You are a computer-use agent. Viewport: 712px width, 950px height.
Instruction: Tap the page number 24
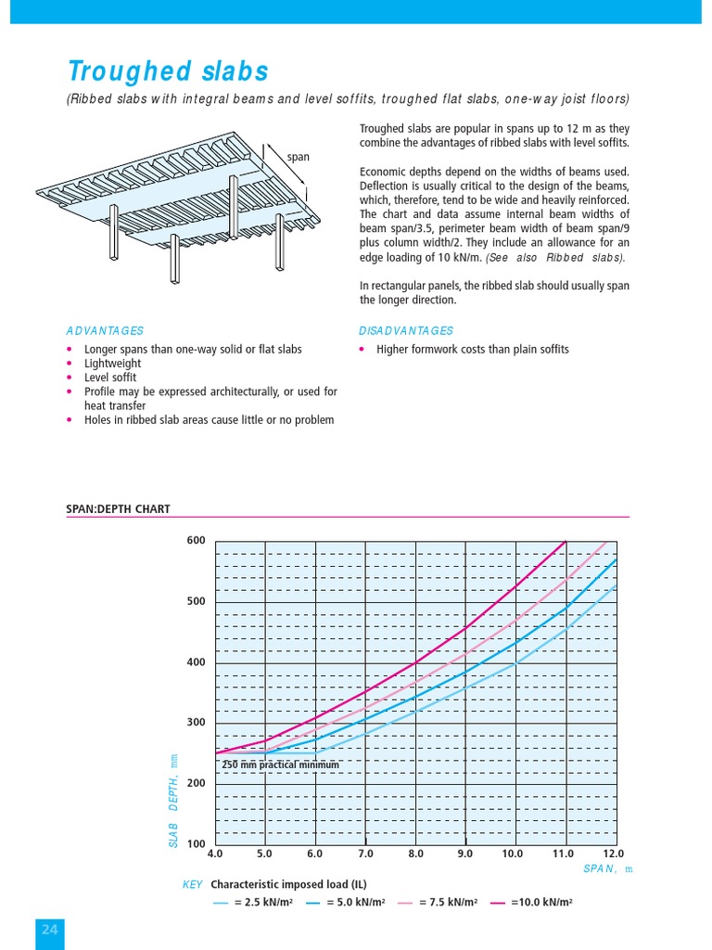[50, 930]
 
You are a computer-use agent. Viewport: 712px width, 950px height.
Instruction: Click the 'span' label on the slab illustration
[299, 157]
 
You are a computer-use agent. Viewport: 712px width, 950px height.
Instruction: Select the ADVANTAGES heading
[105, 330]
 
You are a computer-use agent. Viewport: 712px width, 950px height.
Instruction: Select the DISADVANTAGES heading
[406, 330]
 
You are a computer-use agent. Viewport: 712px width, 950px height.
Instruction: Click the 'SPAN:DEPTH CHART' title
[118, 508]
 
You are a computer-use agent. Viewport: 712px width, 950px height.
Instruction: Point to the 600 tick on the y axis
[196, 541]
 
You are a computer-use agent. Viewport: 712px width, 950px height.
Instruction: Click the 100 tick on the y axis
[196, 844]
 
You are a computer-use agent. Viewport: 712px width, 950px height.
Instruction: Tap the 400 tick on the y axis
[196, 662]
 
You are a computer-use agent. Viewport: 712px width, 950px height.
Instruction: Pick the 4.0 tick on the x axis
[215, 854]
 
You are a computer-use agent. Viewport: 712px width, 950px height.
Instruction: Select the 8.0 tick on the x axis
[415, 854]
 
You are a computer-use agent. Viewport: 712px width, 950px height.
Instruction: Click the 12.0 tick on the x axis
[614, 854]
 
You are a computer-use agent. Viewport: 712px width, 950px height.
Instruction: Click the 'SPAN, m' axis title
[607, 868]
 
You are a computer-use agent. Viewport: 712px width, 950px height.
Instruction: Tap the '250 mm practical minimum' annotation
[280, 764]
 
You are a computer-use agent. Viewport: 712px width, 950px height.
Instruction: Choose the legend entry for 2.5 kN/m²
[253, 902]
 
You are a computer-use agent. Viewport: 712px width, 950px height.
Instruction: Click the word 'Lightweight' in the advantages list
[110, 364]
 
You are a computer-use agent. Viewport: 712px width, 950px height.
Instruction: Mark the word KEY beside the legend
[193, 885]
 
